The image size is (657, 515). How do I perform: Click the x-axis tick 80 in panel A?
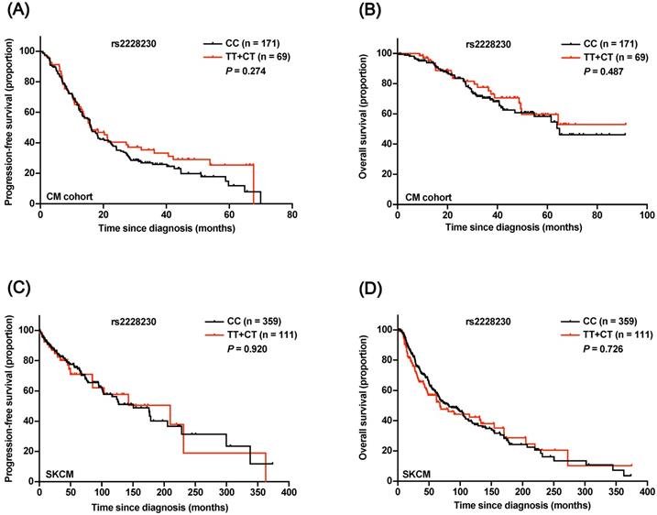click(291, 215)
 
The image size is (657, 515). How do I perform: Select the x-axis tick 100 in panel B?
click(646, 215)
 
